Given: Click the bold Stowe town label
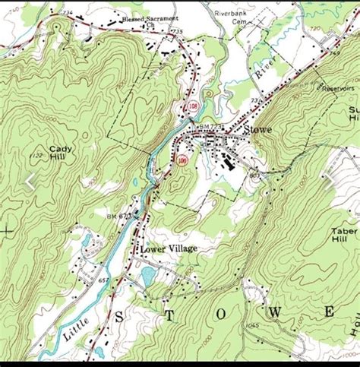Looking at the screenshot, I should tap(258, 130).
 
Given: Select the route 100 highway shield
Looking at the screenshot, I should tap(182, 160).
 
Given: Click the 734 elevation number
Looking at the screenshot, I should tap(69, 13).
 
